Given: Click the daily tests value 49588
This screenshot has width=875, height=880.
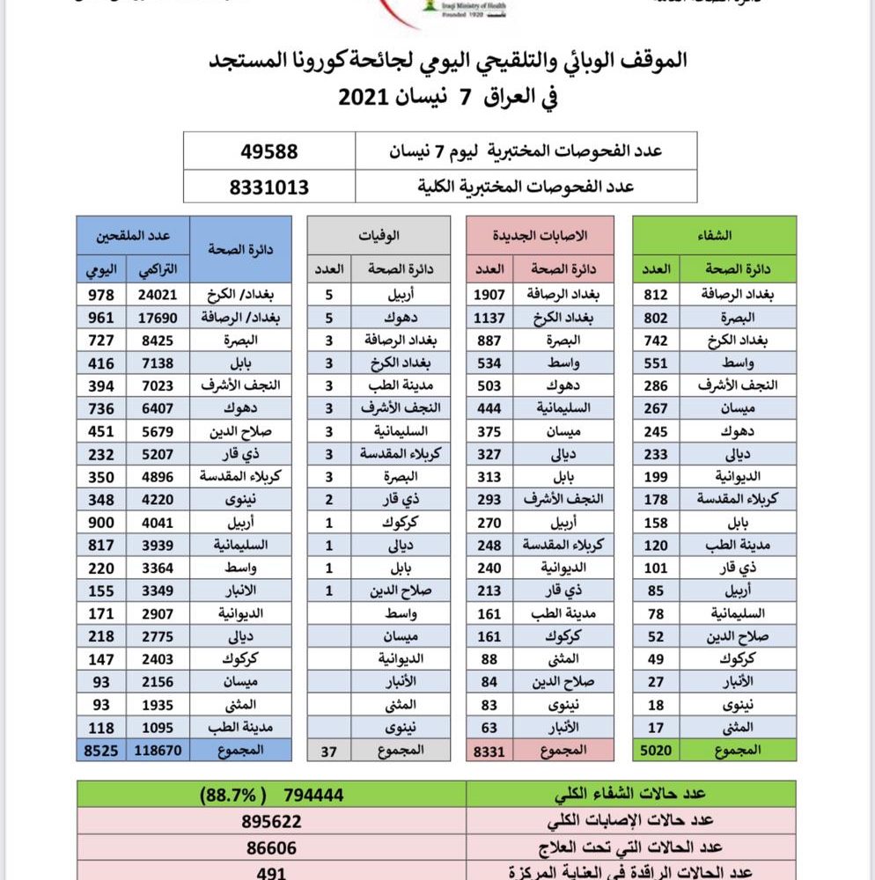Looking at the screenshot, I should (x=269, y=151).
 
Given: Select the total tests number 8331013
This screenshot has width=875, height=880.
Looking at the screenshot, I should (x=269, y=187).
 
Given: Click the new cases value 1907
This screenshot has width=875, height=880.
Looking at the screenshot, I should (x=490, y=295).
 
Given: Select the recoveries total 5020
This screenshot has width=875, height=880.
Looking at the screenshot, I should (x=657, y=750).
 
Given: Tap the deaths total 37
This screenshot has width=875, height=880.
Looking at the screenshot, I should (x=330, y=750).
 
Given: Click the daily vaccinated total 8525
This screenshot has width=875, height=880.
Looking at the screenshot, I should (x=102, y=750).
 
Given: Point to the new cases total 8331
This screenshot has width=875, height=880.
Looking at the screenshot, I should (x=490, y=750).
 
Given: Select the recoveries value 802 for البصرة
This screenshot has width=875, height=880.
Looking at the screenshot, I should (x=657, y=317).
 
